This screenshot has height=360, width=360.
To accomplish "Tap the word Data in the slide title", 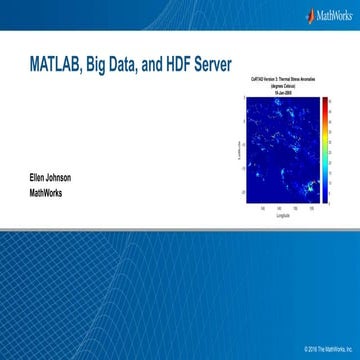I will click(x=134, y=65).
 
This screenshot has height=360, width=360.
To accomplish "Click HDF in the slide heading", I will click(x=193, y=65).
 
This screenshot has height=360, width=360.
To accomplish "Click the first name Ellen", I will click(x=42, y=178).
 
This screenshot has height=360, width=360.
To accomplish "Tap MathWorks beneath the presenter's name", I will click(x=52, y=194).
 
